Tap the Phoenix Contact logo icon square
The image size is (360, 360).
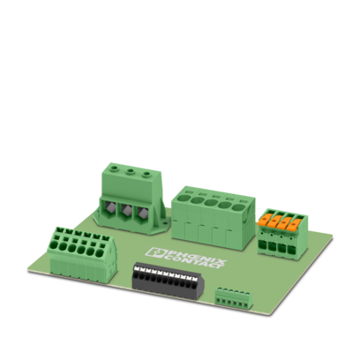tap(156, 252)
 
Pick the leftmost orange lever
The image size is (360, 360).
tap(263, 221)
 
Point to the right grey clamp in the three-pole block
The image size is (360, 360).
tap(142, 213)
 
